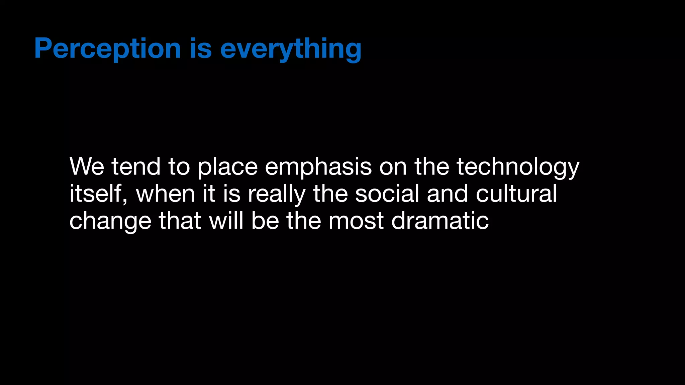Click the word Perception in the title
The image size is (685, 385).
tap(107, 49)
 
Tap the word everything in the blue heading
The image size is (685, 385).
tap(291, 49)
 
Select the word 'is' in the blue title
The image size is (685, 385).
tap(201, 49)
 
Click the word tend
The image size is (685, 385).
tap(136, 166)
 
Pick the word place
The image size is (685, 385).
tap(227, 166)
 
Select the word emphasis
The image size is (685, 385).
tap(318, 166)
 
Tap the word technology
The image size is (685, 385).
tap(518, 166)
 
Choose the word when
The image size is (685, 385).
tap(165, 194)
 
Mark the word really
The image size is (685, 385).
tap(276, 194)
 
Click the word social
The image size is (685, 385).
tap(387, 194)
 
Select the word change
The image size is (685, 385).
tap(110, 221)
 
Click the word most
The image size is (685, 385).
tap(356, 221)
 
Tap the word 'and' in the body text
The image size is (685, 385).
tap(447, 194)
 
